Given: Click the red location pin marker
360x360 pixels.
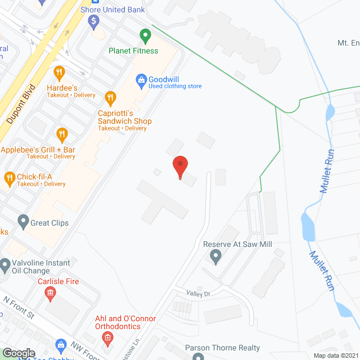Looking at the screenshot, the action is (180, 167).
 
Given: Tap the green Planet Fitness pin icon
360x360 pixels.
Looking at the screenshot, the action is (145, 36).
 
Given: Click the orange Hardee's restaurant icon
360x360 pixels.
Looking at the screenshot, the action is (59, 73).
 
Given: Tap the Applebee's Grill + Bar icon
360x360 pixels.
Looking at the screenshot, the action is (62, 134).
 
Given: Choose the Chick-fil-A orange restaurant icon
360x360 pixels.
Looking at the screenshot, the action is (9, 179).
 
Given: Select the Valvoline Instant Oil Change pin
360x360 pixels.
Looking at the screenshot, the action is (5, 264).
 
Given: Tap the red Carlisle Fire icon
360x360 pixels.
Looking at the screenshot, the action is (50, 292).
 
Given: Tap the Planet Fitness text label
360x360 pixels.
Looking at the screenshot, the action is (133, 51).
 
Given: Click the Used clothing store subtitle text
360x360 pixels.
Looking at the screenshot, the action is (175, 86).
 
